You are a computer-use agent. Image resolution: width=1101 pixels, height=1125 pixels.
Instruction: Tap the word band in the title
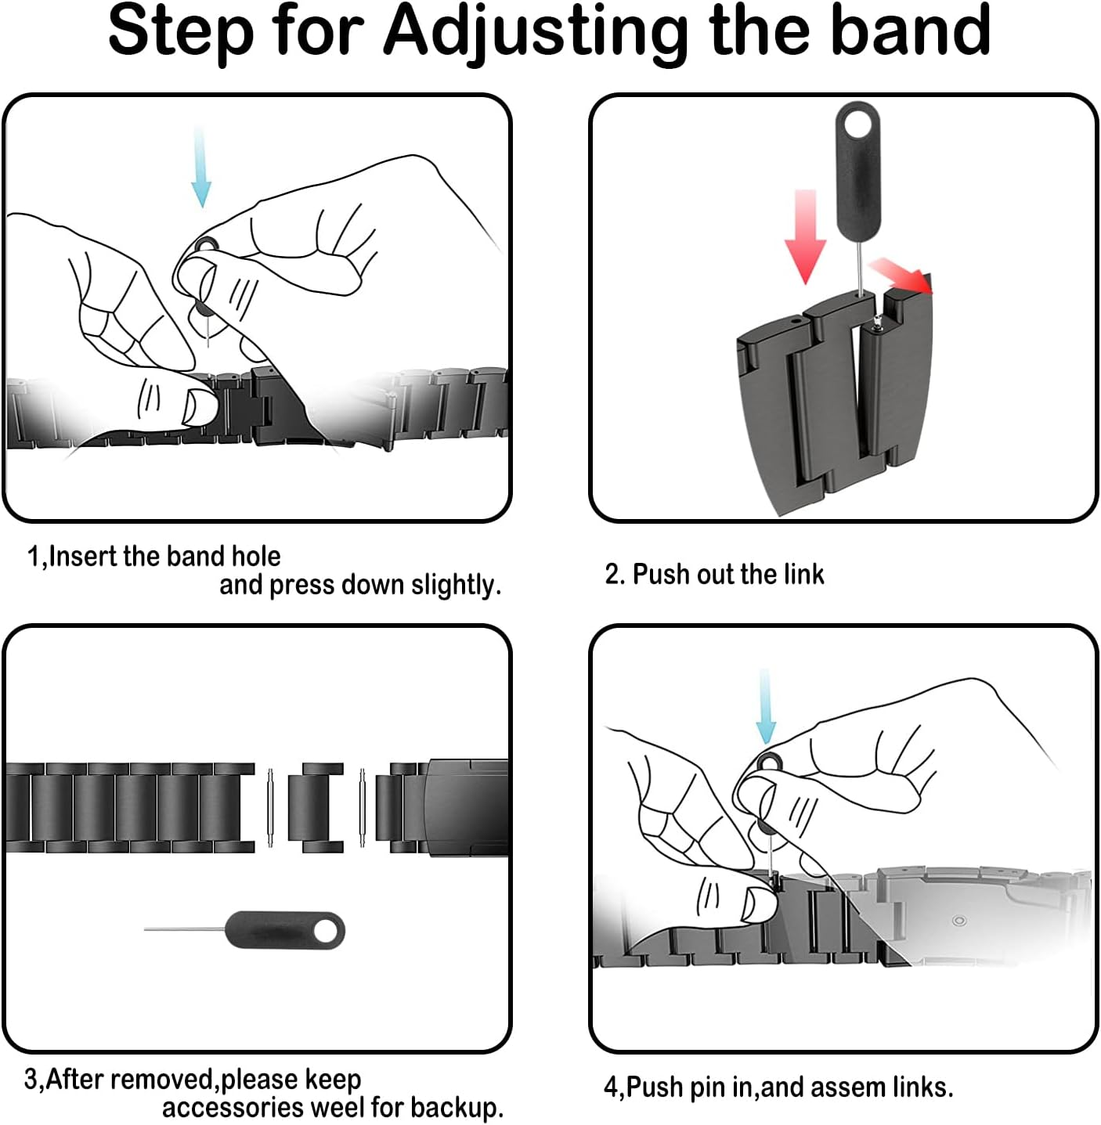911,29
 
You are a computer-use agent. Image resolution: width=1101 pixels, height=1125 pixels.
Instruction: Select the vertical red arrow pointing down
806,237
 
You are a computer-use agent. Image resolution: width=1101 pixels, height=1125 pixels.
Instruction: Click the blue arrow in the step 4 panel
766,706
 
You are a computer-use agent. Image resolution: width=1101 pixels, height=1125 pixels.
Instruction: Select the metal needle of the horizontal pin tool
185,929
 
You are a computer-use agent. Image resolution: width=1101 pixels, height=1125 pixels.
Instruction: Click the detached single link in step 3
316,808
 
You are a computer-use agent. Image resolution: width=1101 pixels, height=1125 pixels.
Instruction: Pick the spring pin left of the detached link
270,807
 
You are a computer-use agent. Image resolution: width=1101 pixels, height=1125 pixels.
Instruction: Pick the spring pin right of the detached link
362,807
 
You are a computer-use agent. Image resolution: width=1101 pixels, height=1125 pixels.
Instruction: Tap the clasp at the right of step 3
466,808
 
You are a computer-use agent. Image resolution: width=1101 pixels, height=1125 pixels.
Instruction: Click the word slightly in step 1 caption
456,585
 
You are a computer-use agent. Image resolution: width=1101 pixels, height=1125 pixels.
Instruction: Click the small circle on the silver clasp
958,920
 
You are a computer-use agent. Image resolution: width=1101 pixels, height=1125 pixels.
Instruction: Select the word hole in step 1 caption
255,556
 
